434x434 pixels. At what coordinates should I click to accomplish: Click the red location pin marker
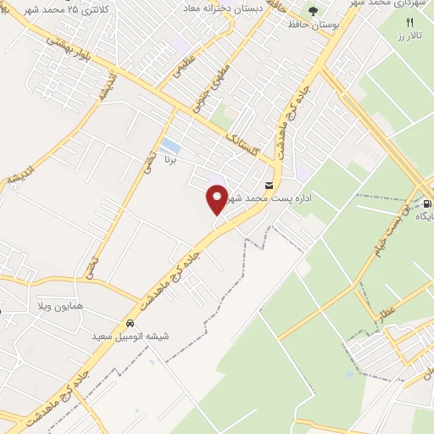pyautogui.click(x=218, y=199)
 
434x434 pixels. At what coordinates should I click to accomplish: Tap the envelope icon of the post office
pyautogui.click(x=270, y=186)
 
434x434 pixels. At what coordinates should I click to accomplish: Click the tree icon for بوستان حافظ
pyautogui.click(x=314, y=11)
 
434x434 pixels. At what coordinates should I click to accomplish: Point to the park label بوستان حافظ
pyautogui.click(x=314, y=25)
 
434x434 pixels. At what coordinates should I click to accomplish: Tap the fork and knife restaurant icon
pyautogui.click(x=410, y=21)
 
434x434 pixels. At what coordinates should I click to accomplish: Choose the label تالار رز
pyautogui.click(x=411, y=37)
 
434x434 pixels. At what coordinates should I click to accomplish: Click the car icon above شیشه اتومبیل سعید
pyautogui.click(x=130, y=323)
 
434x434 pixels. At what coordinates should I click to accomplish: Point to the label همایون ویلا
pyautogui.click(x=58, y=303)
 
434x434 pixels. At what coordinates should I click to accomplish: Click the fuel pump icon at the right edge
pyautogui.click(x=426, y=203)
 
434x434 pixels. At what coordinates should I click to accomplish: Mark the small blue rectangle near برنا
pyautogui.click(x=170, y=145)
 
